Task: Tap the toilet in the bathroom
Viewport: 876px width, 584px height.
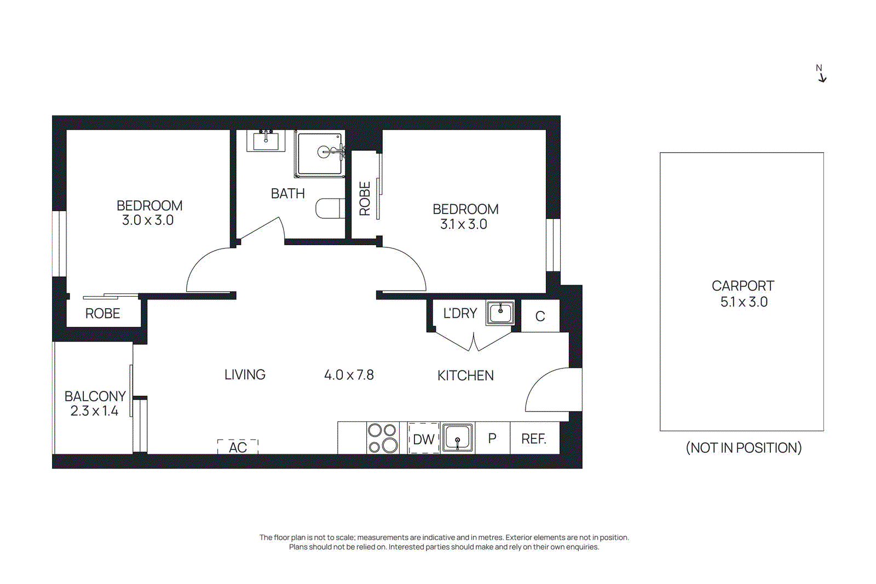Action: pyautogui.click(x=330, y=208)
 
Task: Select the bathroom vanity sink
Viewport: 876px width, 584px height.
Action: pyautogui.click(x=266, y=141)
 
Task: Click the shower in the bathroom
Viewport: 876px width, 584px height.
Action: pyautogui.click(x=320, y=153)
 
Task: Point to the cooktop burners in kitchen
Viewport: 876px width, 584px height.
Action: pyautogui.click(x=383, y=438)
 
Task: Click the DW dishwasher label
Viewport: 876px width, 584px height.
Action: pyautogui.click(x=424, y=439)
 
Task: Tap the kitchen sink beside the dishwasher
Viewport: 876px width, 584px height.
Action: pyautogui.click(x=457, y=438)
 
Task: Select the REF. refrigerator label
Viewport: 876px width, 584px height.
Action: pyautogui.click(x=534, y=439)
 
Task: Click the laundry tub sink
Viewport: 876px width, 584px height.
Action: pyautogui.click(x=500, y=313)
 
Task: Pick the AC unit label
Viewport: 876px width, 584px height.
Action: pyautogui.click(x=238, y=447)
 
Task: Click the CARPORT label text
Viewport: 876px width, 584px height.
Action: pyautogui.click(x=742, y=286)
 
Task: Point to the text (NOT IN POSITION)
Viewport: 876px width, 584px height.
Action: pyautogui.click(x=744, y=448)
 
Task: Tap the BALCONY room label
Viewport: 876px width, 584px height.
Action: pyautogui.click(x=95, y=396)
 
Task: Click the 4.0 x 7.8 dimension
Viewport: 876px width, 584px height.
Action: pyautogui.click(x=349, y=375)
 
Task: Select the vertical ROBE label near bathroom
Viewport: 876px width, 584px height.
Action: pyautogui.click(x=365, y=199)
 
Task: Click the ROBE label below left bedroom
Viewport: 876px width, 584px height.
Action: pyautogui.click(x=103, y=314)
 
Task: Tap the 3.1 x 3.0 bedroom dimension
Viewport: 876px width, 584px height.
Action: pyautogui.click(x=464, y=224)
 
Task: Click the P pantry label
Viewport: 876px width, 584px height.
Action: pyautogui.click(x=492, y=438)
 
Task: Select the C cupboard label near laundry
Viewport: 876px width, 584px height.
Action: pyautogui.click(x=540, y=316)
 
